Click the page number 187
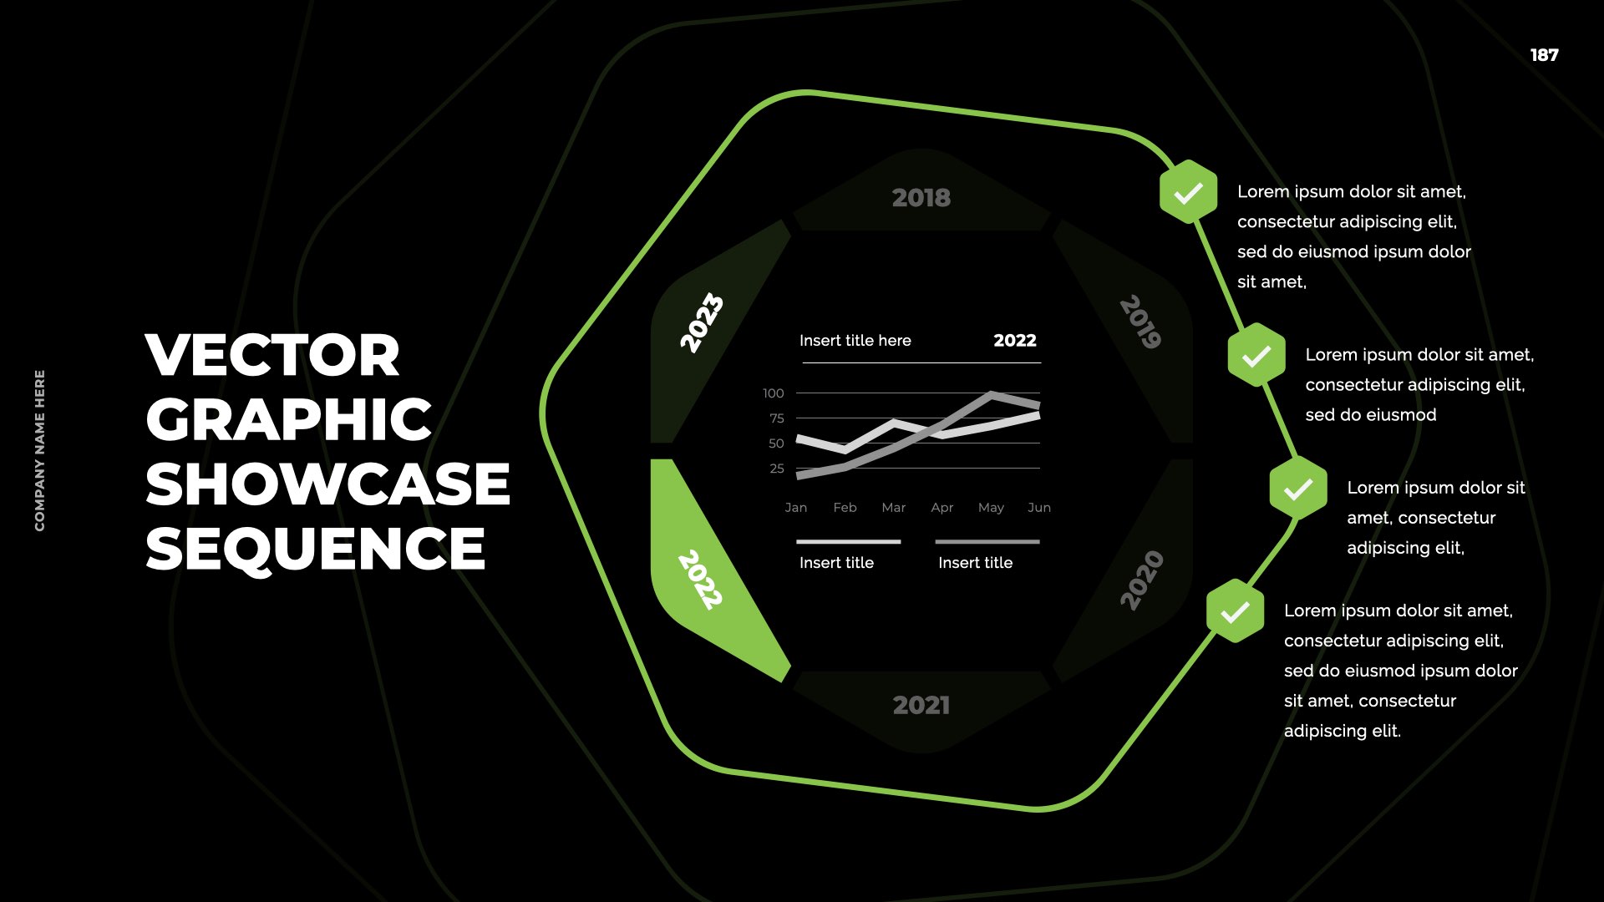coord(1544,55)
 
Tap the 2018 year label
coord(921,198)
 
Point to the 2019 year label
coord(1141,322)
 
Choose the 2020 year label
coord(1141,580)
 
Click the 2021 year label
coord(921,706)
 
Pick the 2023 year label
coord(702,322)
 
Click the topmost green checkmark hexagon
coord(1188,192)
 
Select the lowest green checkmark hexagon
coord(1235,611)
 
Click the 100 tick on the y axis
coord(774,393)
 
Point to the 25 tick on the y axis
coord(777,469)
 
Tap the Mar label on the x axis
coord(893,508)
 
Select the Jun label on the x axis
coord(1039,508)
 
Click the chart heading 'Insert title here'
coord(855,341)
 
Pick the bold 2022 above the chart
coord(1015,341)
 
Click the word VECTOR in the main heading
coord(272,355)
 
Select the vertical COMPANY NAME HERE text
coord(40,450)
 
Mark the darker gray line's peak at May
coord(991,393)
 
